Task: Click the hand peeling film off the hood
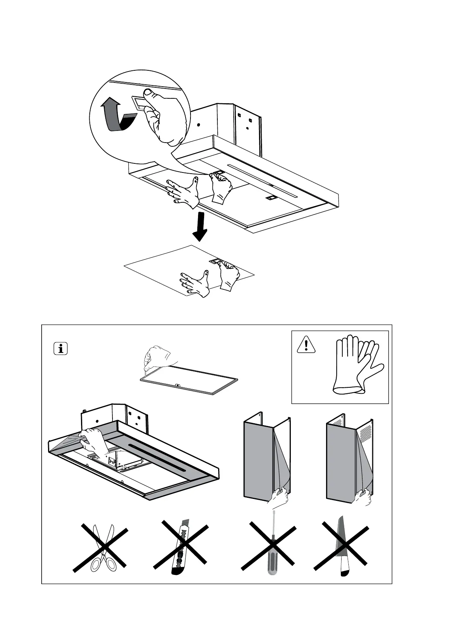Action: (x=91, y=441)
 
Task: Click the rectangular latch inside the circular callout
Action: (x=139, y=102)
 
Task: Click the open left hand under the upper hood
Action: (x=184, y=191)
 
